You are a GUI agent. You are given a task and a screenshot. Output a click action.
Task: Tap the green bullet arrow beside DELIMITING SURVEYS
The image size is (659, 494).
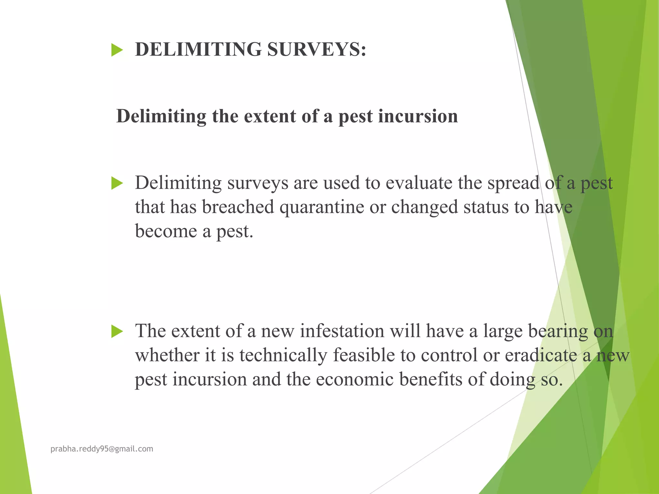pyautogui.click(x=117, y=50)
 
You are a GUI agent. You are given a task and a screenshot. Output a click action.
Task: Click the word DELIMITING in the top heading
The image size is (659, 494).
pyautogui.click(x=198, y=50)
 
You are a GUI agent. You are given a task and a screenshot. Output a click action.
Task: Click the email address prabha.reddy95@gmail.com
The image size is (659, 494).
pyautogui.click(x=102, y=449)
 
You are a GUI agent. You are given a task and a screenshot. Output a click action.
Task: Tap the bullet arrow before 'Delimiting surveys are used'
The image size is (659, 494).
pyautogui.click(x=117, y=183)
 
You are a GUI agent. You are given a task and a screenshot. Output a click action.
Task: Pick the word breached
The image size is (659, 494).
pyautogui.click(x=238, y=207)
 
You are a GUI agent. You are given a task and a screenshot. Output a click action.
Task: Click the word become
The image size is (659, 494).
pyautogui.click(x=166, y=232)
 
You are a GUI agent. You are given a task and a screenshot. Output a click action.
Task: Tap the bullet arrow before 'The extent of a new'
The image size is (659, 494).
pyautogui.click(x=117, y=331)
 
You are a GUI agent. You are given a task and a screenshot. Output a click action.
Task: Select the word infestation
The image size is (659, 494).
pyautogui.click(x=342, y=331)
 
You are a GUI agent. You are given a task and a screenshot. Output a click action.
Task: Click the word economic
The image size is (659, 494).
pyautogui.click(x=355, y=380)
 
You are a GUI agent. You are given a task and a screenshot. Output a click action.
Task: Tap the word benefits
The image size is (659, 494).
pyautogui.click(x=431, y=380)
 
